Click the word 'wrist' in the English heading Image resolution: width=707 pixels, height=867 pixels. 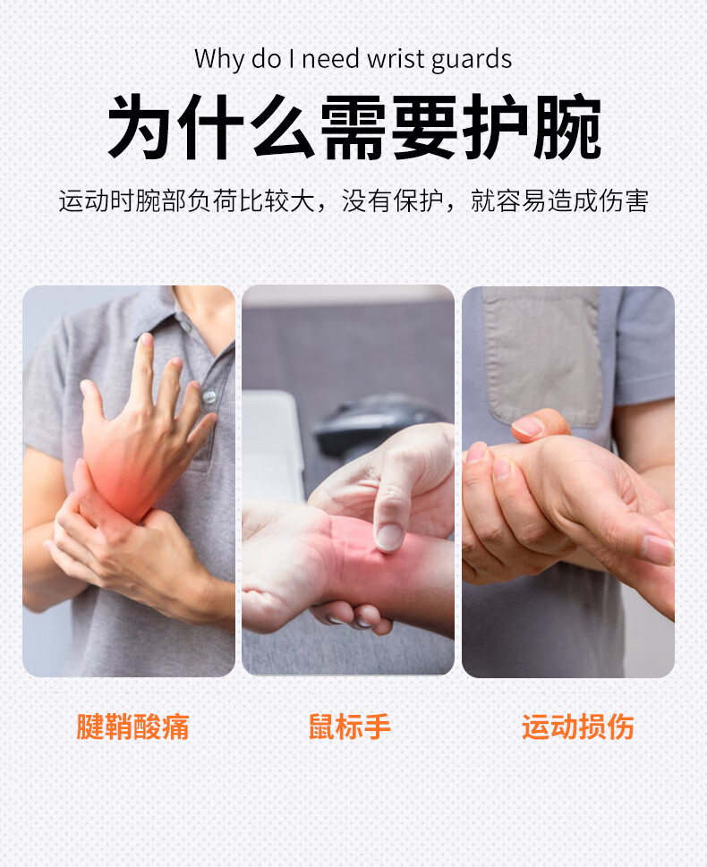pos(396,59)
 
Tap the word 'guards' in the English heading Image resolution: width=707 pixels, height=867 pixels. pos(472,60)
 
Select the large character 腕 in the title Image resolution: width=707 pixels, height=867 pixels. pos(567,127)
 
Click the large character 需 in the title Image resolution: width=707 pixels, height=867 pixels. pos(354,127)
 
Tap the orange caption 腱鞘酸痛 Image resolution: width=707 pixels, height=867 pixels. pos(132,727)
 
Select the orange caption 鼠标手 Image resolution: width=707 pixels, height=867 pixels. pos(350,727)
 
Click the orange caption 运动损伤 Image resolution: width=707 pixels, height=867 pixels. pos(578,727)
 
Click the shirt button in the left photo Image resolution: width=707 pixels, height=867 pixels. pos(209,395)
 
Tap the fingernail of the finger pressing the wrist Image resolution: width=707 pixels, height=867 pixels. pos(389,537)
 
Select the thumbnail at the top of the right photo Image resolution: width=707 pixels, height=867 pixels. pos(528,426)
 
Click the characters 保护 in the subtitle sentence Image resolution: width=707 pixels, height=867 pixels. pos(419,200)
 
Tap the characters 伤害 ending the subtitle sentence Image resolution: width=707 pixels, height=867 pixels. pos(624,200)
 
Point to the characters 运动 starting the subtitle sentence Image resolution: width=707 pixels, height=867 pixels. pos(84,200)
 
